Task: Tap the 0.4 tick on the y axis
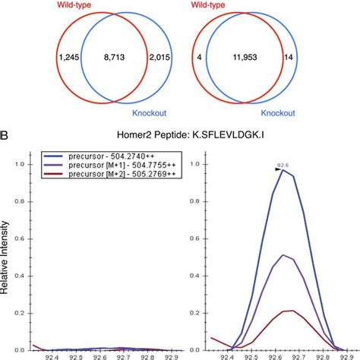(x=27, y=276)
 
